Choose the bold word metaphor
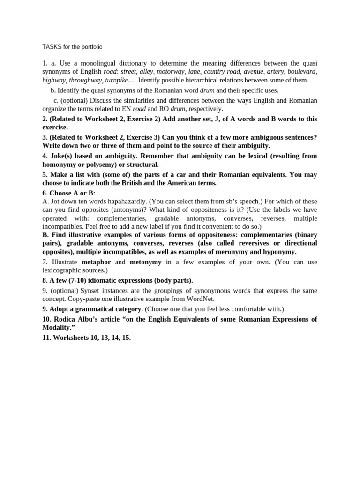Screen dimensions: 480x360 click(97, 262)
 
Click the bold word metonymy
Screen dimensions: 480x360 click(145, 262)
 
